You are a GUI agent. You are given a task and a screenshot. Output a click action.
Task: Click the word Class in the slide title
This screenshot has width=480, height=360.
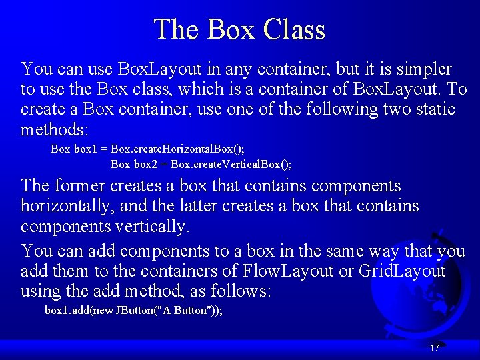[x=295, y=29]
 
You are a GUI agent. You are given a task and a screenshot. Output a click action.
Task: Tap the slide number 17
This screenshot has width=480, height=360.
[x=435, y=348]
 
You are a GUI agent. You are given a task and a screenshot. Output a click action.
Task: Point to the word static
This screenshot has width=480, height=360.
[x=431, y=109]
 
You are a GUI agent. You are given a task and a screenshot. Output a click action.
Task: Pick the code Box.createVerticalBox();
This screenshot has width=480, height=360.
[x=231, y=163]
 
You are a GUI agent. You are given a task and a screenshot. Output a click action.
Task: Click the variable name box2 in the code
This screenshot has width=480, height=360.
[x=147, y=163]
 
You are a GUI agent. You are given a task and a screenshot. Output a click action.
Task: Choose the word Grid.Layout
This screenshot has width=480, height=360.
[x=402, y=271]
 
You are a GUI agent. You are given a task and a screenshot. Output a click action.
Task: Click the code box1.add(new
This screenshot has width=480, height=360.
[x=79, y=310]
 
